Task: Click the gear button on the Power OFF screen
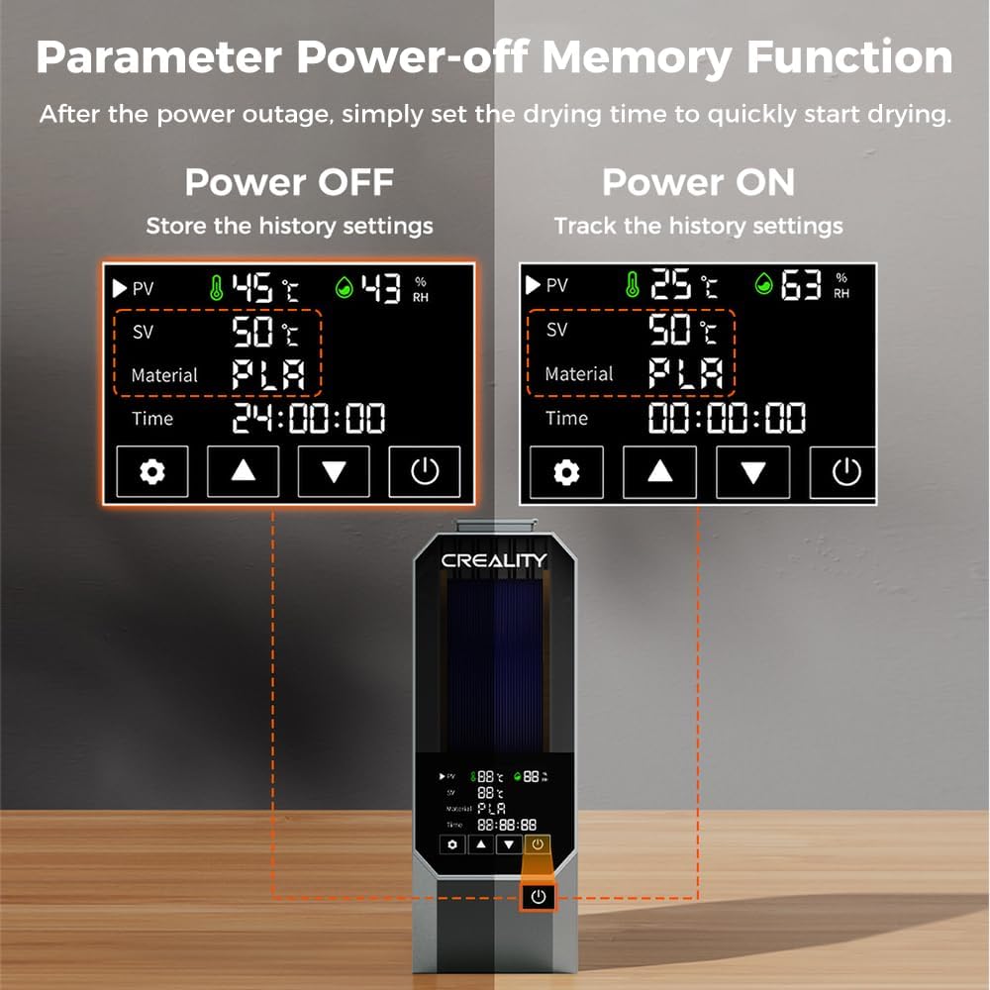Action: (x=152, y=471)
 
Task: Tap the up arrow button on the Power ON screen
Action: (x=659, y=471)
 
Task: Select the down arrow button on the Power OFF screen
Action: (x=334, y=471)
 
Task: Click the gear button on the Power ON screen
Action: (x=566, y=471)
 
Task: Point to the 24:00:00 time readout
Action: (x=309, y=418)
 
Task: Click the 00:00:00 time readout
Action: (x=727, y=418)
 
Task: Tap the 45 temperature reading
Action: (x=251, y=288)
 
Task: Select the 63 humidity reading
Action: (x=801, y=285)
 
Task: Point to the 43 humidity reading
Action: (x=381, y=288)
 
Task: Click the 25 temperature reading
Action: (x=671, y=283)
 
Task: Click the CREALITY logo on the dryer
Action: (x=494, y=560)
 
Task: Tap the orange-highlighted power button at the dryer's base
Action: (x=538, y=897)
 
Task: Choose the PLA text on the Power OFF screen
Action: (x=268, y=374)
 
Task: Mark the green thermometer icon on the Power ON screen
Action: (x=632, y=284)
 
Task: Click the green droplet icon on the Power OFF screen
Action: (x=345, y=287)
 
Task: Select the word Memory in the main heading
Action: (x=637, y=57)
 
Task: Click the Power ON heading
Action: (x=698, y=182)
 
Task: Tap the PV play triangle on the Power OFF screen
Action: (x=120, y=288)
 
